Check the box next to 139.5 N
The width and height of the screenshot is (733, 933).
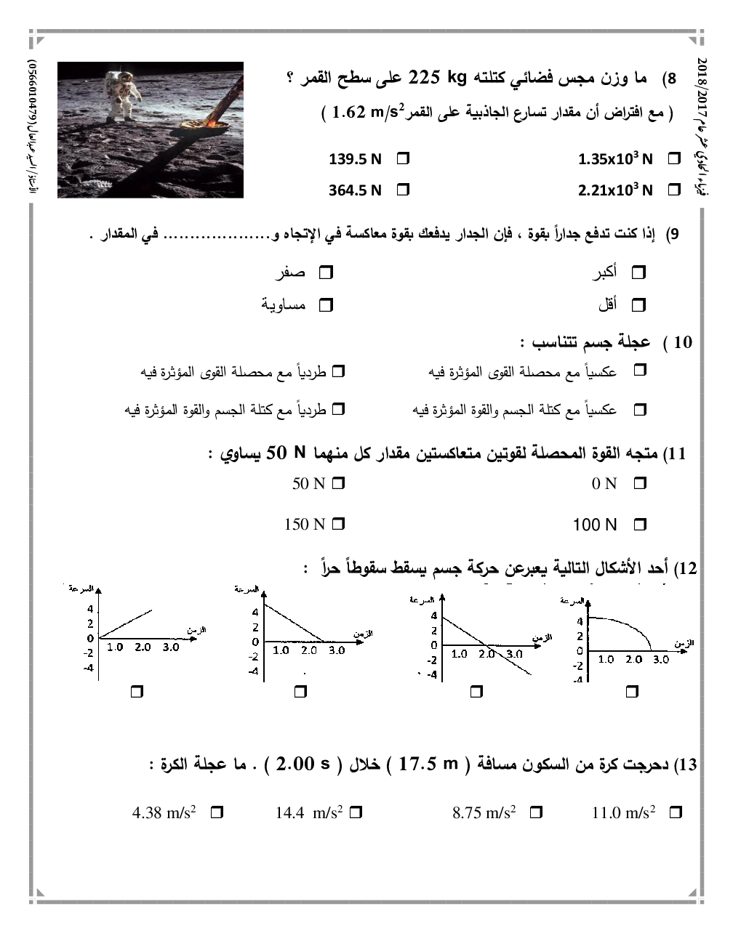tap(403, 158)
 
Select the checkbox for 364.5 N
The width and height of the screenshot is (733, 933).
tap(403, 190)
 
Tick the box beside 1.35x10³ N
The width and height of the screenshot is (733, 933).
tap(674, 158)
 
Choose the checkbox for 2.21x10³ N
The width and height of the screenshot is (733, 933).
tap(674, 190)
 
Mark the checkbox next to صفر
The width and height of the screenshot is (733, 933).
tap(326, 273)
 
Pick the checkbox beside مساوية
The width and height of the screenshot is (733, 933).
tap(326, 305)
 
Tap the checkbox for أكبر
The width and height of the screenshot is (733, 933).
tap(638, 273)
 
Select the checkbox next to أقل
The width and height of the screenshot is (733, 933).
tap(638, 305)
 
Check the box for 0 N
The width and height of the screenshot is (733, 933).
tap(640, 483)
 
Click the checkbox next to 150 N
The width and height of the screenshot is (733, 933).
tap(338, 524)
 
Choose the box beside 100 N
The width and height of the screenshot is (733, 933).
tap(640, 524)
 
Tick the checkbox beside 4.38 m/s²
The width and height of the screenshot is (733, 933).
tap(217, 812)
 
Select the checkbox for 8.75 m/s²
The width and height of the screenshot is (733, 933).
tap(536, 812)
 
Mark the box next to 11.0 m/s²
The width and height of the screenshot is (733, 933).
tap(675, 812)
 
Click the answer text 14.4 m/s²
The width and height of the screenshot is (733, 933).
tap(308, 812)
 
